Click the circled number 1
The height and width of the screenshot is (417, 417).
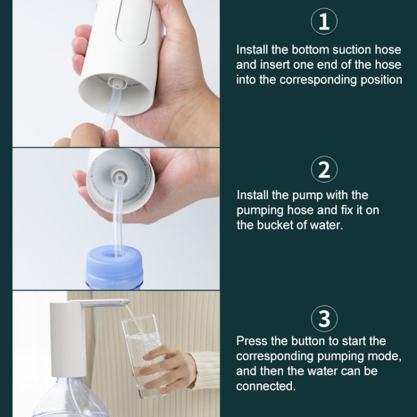324,22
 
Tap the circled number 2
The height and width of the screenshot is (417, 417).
324,169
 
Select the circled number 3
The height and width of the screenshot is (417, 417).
324,319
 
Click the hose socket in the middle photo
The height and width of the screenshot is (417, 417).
119,179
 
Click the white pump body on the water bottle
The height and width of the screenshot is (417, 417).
68,339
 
